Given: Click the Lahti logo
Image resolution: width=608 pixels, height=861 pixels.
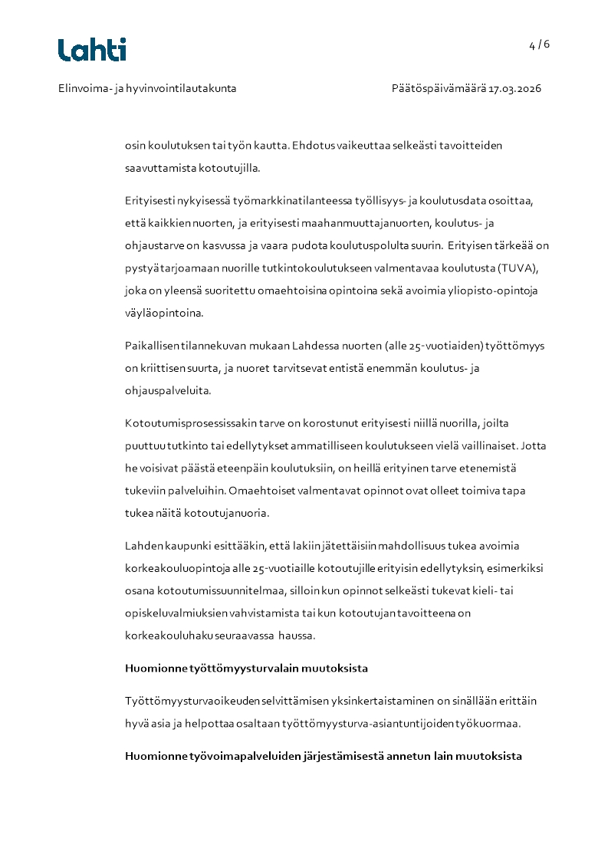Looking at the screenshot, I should [x=92, y=50].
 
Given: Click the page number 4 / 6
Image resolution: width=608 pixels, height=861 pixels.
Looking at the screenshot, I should [x=539, y=44].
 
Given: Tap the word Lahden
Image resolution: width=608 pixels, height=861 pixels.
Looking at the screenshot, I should [x=143, y=546].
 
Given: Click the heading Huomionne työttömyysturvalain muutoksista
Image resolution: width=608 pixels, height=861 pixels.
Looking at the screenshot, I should [x=246, y=669].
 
